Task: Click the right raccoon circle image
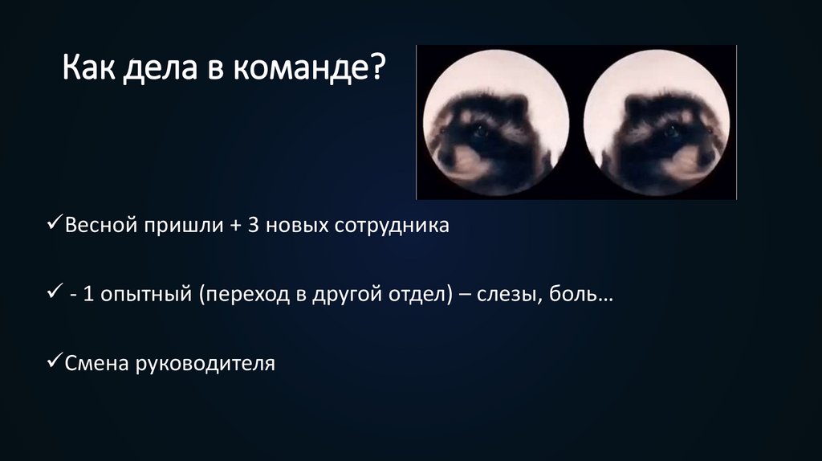tap(657, 122)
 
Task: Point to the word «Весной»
tap(102, 226)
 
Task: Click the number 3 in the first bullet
tap(253, 226)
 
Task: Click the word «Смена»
tap(96, 363)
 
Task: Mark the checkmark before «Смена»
tap(53, 361)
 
